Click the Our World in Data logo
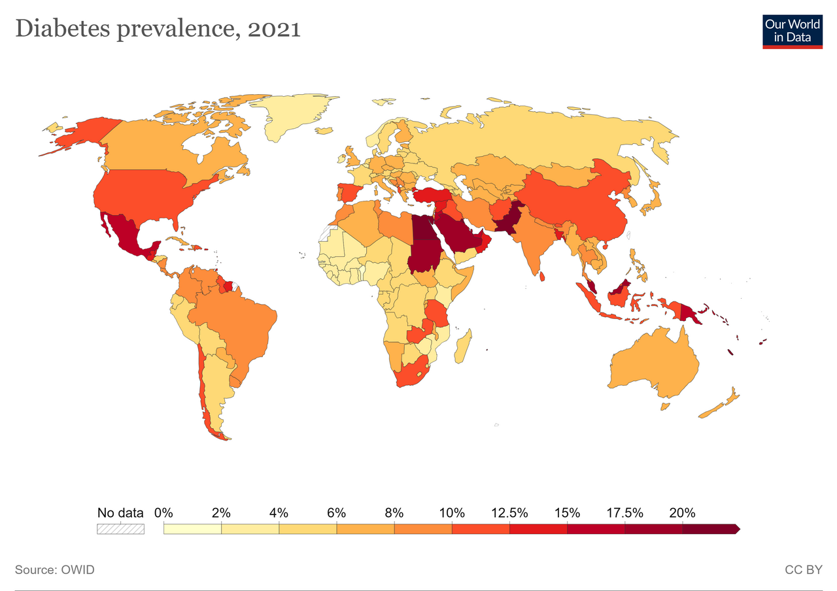click(x=792, y=32)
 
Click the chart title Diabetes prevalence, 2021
click(x=158, y=29)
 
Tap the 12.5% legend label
click(x=509, y=513)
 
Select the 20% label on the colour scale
click(x=682, y=513)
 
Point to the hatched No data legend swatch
click(x=120, y=529)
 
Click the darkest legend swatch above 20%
click(x=711, y=529)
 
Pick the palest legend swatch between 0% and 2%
click(x=192, y=529)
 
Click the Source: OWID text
click(x=54, y=569)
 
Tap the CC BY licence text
click(x=804, y=569)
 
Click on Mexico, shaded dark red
click(x=129, y=235)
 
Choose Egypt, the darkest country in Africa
click(x=423, y=227)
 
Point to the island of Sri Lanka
click(x=542, y=277)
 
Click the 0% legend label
click(x=163, y=513)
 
